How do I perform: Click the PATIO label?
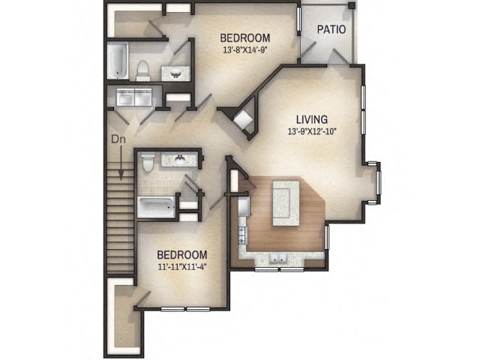331,30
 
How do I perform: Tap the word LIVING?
311,118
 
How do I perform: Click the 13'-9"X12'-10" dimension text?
311,131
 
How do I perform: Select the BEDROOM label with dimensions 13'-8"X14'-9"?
244,38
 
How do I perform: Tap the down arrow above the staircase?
118,157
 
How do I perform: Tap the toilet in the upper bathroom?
143,70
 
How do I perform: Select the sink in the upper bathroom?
177,73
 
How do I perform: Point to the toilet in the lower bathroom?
148,163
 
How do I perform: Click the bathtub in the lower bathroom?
155,205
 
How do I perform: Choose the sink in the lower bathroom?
181,159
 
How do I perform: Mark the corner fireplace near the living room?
242,121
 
